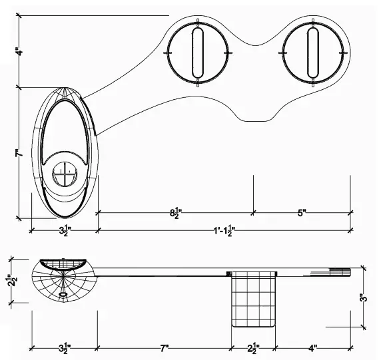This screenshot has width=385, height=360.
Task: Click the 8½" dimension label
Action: click(x=176, y=214)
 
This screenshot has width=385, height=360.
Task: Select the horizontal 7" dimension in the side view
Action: click(x=164, y=347)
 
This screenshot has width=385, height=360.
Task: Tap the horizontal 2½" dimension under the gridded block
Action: click(x=253, y=347)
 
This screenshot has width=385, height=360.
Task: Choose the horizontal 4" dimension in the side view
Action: click(x=314, y=347)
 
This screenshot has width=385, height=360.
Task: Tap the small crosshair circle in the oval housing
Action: click(x=65, y=174)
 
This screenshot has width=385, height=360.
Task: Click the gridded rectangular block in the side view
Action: click(x=253, y=301)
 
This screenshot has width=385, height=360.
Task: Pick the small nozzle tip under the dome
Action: click(x=63, y=293)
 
